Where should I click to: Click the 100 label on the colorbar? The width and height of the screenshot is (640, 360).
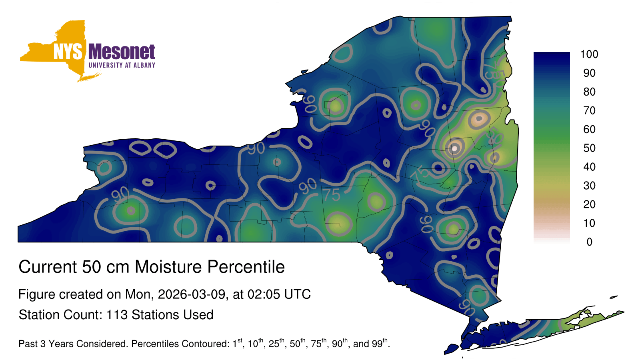589,54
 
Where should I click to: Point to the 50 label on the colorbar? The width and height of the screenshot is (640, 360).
589,148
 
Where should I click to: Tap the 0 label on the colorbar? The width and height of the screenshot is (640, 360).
589,242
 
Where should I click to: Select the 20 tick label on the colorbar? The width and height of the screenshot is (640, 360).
589,204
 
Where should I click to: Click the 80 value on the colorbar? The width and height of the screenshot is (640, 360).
589,92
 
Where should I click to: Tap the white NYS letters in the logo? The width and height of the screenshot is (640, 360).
68,52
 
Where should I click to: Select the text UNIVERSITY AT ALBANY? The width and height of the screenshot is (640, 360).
122,65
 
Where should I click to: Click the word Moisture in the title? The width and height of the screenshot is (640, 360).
168,267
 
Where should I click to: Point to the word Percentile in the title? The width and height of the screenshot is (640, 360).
246,267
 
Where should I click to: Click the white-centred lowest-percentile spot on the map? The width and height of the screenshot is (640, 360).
454,148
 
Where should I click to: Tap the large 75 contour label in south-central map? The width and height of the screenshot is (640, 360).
332,196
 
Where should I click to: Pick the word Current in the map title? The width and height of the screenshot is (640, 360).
48,267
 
